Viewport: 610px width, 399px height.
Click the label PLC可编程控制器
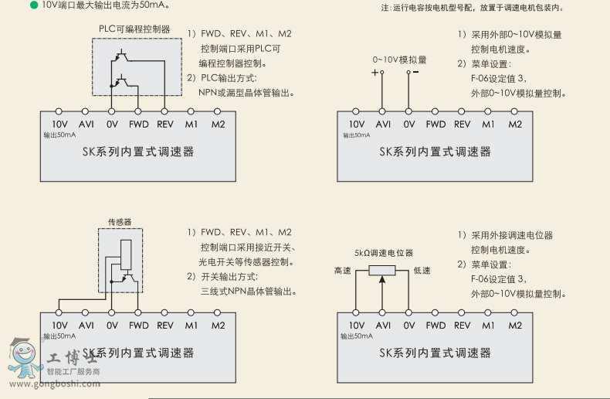[x=134, y=29]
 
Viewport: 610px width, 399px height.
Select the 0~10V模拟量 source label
[x=399, y=60]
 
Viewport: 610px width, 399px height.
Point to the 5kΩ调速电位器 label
[x=384, y=253]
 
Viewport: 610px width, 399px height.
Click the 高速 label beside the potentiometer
[x=342, y=271]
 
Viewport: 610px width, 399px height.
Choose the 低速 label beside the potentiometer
[x=422, y=271]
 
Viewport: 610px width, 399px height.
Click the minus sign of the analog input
[x=416, y=73]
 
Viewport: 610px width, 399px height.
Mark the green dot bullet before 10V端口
[x=33, y=5]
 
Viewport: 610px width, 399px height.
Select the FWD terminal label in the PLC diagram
[x=139, y=124]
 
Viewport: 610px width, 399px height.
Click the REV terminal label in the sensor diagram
[x=165, y=326]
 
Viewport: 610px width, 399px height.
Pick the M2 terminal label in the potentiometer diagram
[x=515, y=326]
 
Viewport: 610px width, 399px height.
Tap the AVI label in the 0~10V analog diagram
[x=383, y=124]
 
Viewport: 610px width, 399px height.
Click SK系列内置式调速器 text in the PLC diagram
[x=138, y=152]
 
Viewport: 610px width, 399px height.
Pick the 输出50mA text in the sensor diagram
[x=59, y=336]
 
